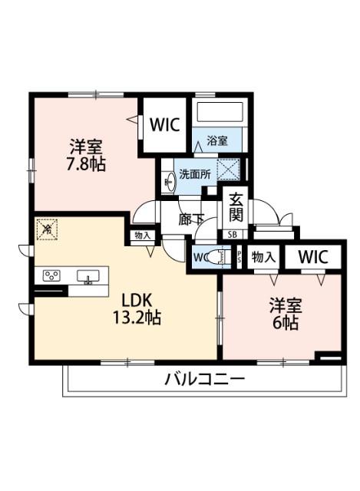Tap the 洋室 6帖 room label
[x=286, y=312]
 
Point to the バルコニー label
[x=204, y=379]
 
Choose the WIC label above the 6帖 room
[x=312, y=257]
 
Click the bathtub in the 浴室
[x=220, y=114]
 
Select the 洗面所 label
[x=194, y=174]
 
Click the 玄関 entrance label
[x=233, y=206]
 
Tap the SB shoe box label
[x=231, y=235]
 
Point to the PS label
[x=239, y=257]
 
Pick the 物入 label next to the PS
[x=263, y=257]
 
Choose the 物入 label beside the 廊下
[x=143, y=236]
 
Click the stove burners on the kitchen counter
[x=52, y=276]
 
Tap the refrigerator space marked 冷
[x=47, y=228]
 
